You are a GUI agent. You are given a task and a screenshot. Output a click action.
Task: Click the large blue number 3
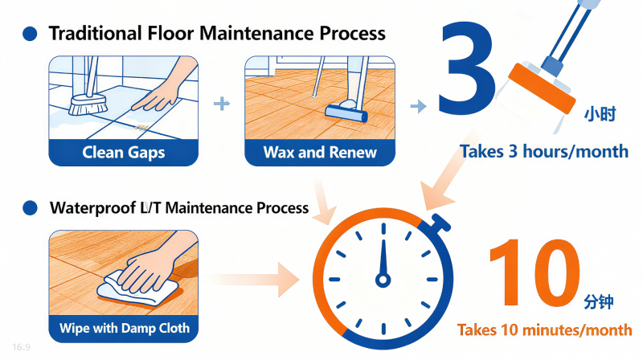click(x=467, y=67)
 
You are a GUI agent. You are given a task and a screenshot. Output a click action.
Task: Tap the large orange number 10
click(x=534, y=272)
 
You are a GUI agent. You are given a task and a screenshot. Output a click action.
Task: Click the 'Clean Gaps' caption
click(x=124, y=153)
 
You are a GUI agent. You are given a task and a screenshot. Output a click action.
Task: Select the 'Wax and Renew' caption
click(x=320, y=153)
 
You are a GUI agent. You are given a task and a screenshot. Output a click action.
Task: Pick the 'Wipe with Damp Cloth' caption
click(x=125, y=328)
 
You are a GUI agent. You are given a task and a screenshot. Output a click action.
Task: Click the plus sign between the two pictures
click(x=222, y=104)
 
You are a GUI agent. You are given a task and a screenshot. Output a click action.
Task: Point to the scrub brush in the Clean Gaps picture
click(x=88, y=104)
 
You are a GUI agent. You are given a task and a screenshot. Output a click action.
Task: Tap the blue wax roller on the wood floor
click(x=346, y=113)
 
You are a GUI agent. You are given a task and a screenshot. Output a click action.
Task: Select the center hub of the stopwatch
click(x=383, y=280)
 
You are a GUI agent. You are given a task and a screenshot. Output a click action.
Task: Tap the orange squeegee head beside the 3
click(x=541, y=88)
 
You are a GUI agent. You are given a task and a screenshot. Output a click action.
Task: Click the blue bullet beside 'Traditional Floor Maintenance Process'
click(x=30, y=34)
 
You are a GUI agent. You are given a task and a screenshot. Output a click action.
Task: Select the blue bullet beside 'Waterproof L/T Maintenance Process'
click(x=30, y=208)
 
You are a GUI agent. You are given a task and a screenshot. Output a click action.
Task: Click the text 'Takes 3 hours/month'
click(x=544, y=151)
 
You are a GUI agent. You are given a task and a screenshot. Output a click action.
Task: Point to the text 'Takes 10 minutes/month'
click(x=545, y=329)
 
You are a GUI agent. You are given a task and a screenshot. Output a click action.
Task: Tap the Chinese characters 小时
click(x=600, y=114)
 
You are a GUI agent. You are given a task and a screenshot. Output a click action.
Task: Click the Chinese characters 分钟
click(x=599, y=302)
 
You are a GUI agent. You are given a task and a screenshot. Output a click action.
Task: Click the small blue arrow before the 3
click(x=418, y=106)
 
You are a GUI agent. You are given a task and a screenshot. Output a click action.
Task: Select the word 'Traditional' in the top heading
click(x=96, y=33)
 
